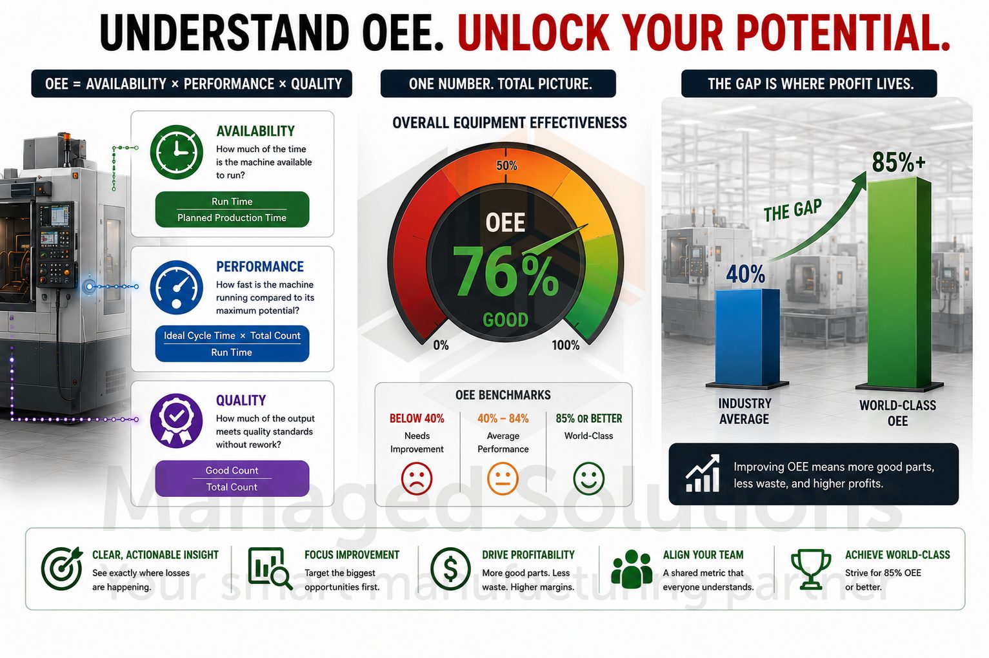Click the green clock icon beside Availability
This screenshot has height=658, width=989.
177,152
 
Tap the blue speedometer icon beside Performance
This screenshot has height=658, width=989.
177,287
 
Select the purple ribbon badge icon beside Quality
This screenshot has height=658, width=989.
177,420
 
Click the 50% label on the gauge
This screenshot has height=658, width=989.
506,166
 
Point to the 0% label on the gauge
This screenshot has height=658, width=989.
441,345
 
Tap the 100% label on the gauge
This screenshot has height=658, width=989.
566,345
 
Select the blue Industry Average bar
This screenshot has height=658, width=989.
747,338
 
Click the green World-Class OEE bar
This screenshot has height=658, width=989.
899,283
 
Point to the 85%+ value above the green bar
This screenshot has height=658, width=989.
899,162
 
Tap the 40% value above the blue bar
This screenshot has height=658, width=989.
746,274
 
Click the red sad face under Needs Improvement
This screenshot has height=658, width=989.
416,478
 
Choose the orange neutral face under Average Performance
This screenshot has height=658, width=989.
503,478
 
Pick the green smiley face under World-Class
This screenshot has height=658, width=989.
588,478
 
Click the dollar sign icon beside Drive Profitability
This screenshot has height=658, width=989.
450,569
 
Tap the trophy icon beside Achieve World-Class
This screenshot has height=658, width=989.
811,569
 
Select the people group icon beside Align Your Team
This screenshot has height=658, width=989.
632,569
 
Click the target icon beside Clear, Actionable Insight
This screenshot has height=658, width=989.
62,569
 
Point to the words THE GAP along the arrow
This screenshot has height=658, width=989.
793,210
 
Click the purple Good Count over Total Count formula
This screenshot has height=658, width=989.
232,478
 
